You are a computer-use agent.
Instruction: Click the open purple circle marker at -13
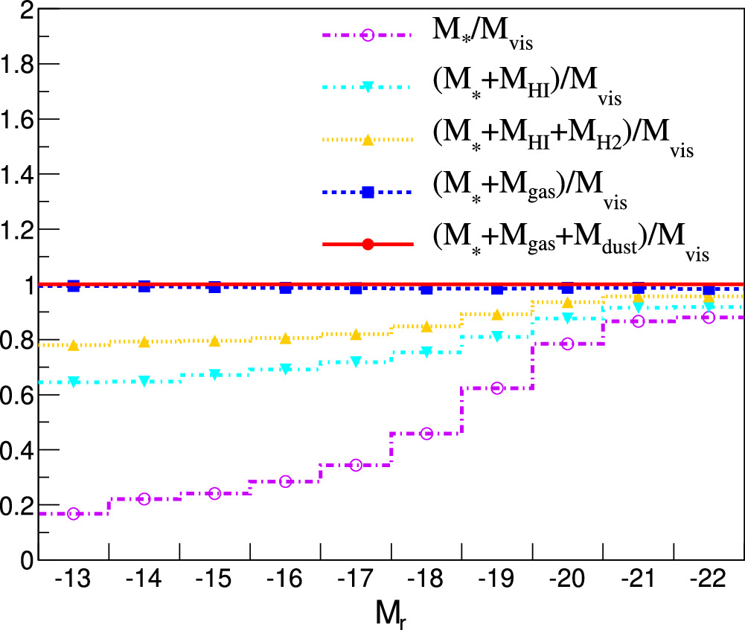click(x=73, y=514)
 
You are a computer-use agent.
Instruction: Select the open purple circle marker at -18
click(x=426, y=434)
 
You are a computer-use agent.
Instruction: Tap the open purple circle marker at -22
click(x=709, y=318)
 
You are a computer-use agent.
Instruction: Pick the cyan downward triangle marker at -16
click(x=285, y=369)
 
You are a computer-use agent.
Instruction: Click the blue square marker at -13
click(x=73, y=286)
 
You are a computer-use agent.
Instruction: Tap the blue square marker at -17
click(x=356, y=288)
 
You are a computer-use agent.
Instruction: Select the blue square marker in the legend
click(x=368, y=192)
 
